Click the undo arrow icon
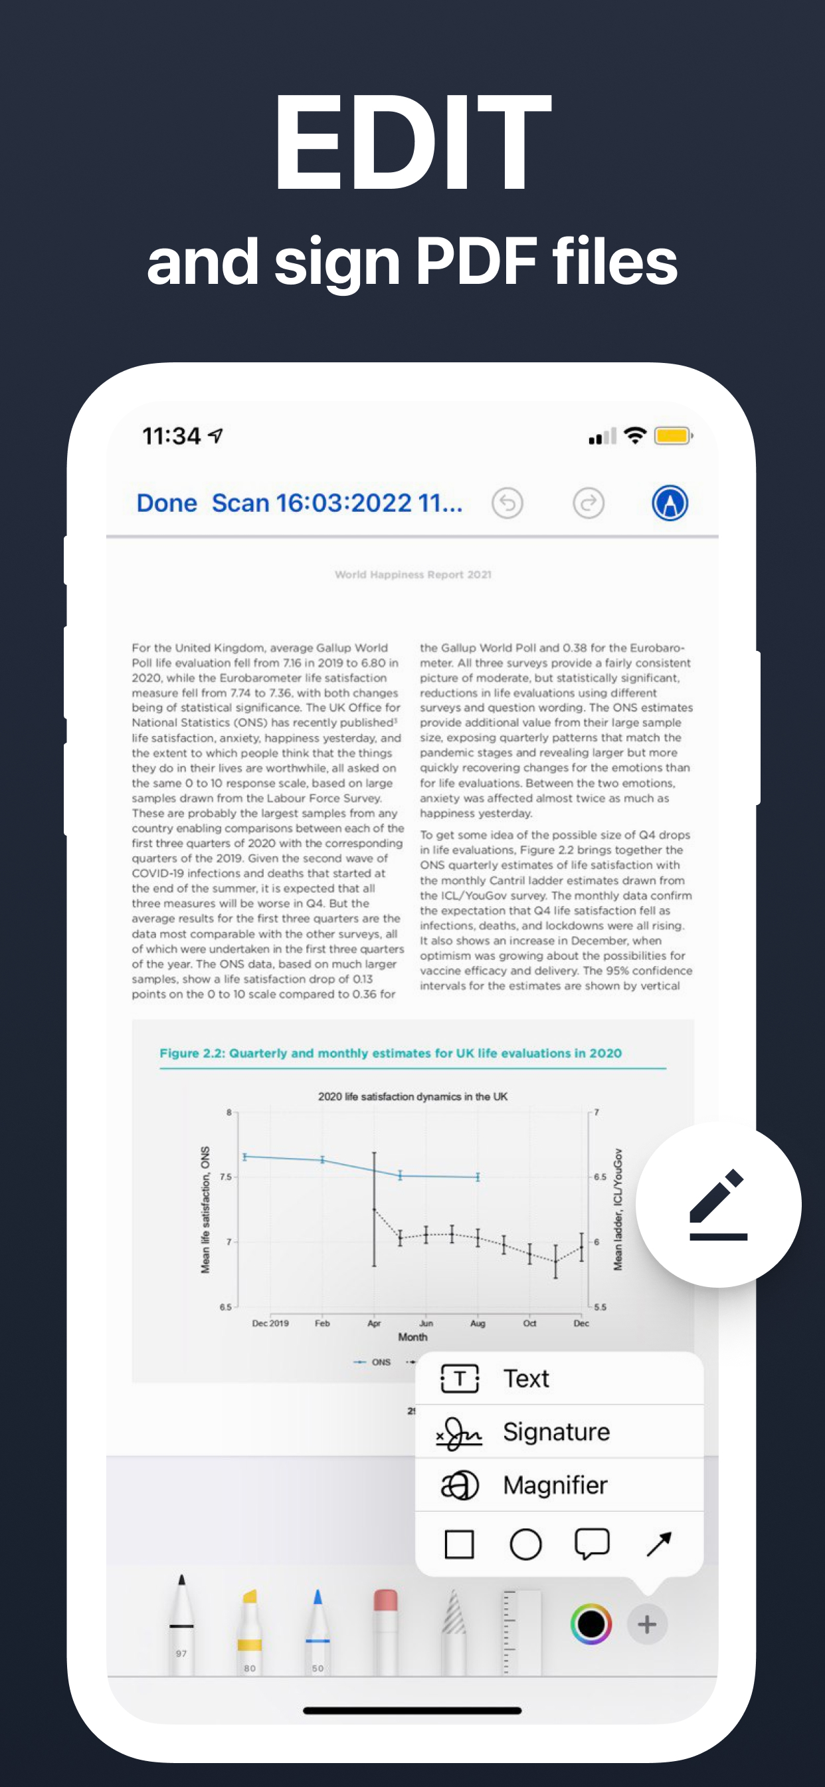pos(507,503)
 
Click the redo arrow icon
pos(589,503)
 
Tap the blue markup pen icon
pos(669,503)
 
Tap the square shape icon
pos(459,1544)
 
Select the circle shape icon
pos(525,1544)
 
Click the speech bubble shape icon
pos(592,1544)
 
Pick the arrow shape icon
pos(659,1544)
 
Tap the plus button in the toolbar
pos(647,1624)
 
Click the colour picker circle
pos(591,1624)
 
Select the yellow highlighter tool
pos(250,1630)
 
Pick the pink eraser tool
pos(385,1630)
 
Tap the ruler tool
pos(521,1630)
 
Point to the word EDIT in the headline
pos(412,142)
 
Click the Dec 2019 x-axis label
pos(270,1323)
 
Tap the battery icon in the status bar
pos(673,435)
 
